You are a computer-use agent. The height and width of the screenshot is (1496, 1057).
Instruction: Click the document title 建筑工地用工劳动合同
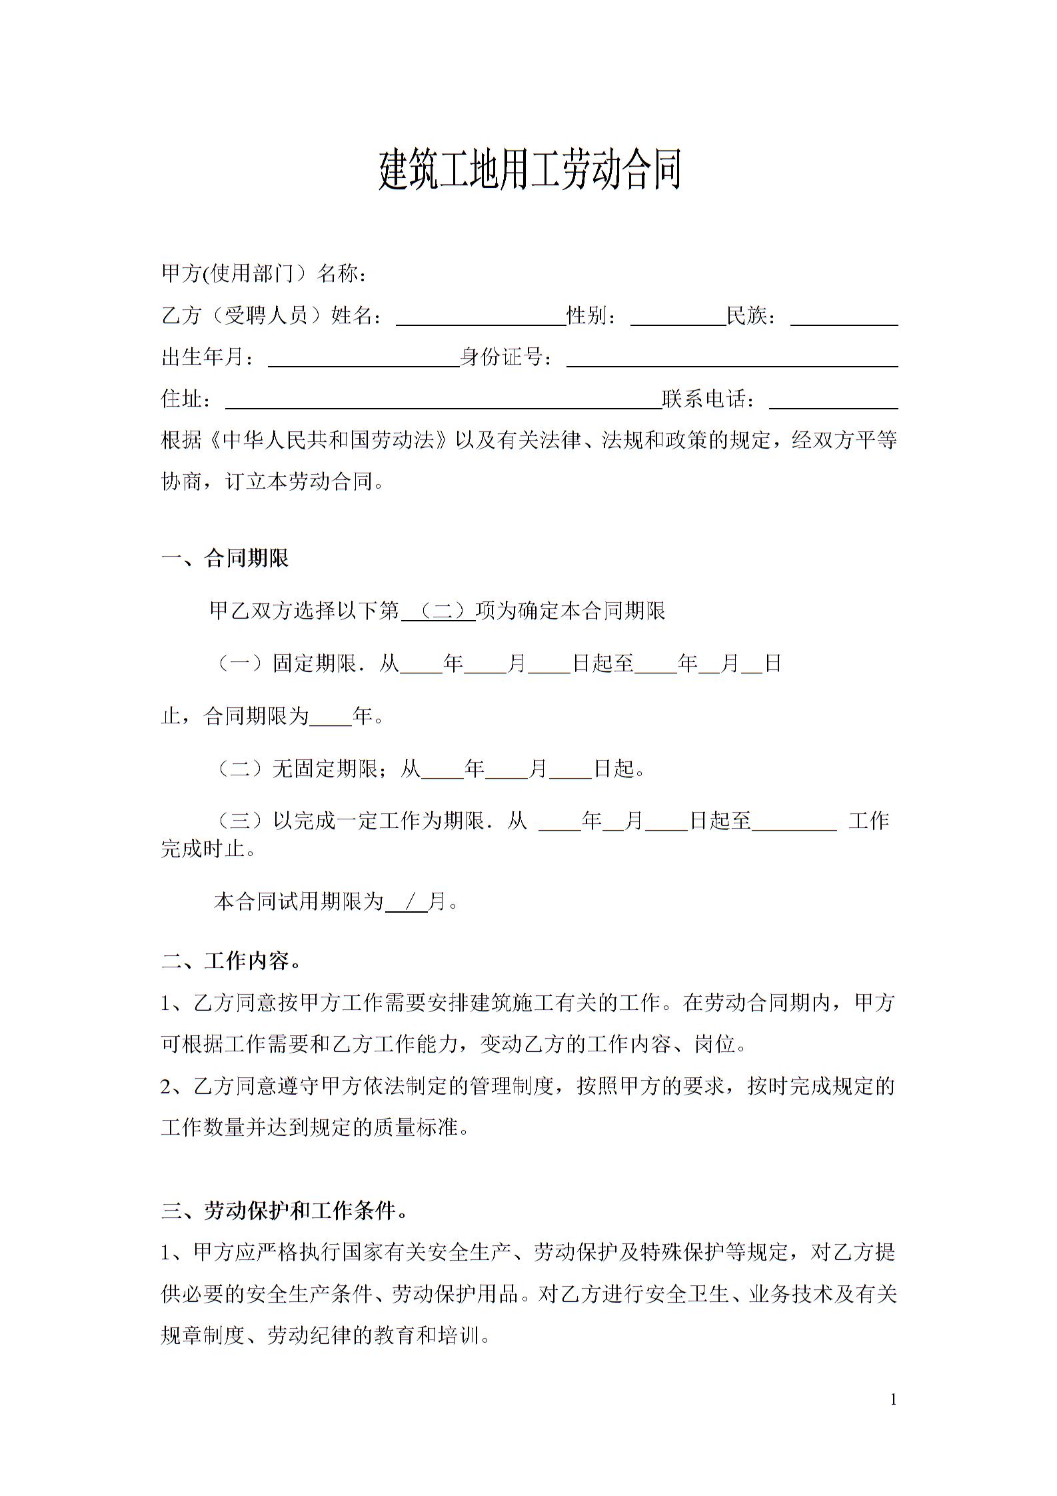pos(530,170)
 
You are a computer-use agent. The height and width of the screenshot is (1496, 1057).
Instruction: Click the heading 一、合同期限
pos(225,558)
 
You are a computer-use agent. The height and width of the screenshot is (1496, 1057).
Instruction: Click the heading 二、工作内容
pos(231,961)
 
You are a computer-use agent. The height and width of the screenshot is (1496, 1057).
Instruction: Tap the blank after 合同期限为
pos(331,717)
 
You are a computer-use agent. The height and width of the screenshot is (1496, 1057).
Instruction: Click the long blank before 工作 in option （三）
pos(794,821)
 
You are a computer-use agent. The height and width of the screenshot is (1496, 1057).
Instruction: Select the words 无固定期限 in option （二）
pos(325,769)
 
